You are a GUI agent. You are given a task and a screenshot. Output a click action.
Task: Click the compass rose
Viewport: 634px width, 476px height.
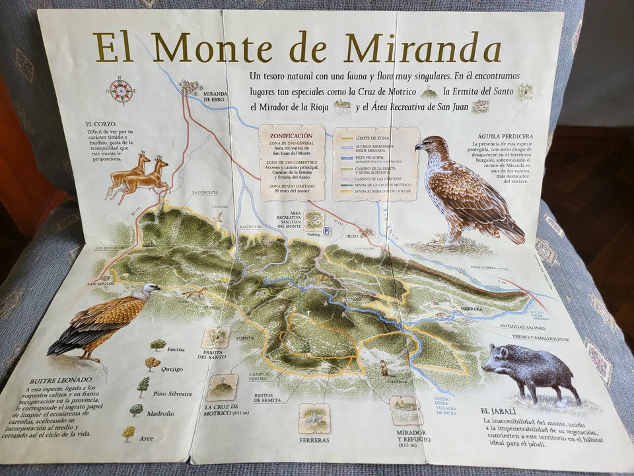[x=121, y=91]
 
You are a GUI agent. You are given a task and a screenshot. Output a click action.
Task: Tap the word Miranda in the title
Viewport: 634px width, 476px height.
[x=422, y=48]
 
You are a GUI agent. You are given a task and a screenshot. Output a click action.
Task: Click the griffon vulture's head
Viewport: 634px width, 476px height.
[x=151, y=290]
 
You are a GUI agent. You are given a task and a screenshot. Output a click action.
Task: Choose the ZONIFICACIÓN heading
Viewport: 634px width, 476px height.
[x=291, y=136]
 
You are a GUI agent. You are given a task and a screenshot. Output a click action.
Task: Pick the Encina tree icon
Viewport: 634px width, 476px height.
[x=158, y=344]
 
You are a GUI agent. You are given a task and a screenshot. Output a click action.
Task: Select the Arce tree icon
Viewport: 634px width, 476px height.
[x=128, y=433]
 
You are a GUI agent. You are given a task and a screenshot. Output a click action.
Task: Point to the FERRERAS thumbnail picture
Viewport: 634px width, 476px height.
[x=314, y=418]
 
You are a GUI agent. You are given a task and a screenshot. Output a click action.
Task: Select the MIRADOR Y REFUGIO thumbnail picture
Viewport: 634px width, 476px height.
[x=406, y=410]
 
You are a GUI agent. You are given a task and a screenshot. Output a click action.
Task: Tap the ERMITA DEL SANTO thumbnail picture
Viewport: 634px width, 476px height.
[x=215, y=337]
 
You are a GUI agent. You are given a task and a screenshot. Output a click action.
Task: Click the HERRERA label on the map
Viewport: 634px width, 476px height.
[x=472, y=309]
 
